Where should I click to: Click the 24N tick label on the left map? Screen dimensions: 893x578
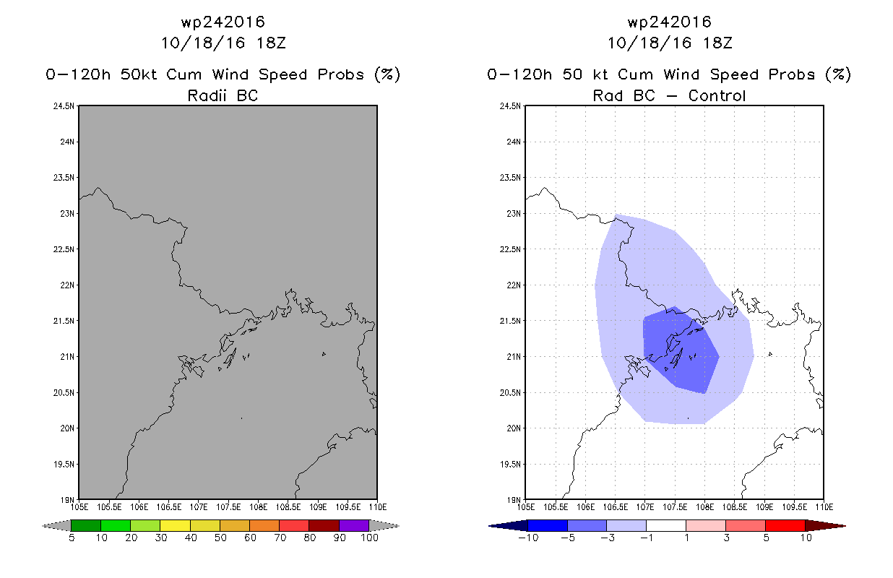click(67, 142)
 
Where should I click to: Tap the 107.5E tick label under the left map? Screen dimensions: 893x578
click(228, 507)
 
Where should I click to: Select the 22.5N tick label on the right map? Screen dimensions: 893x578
click(510, 249)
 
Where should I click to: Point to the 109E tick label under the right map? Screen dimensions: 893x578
click(764, 507)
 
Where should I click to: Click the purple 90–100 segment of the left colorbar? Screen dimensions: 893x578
click(354, 525)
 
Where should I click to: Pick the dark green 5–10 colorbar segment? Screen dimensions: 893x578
click(86, 525)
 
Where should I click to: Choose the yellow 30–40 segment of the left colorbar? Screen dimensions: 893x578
click(175, 525)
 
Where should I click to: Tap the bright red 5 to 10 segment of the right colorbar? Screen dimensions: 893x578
click(785, 525)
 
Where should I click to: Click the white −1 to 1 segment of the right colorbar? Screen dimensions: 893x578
click(666, 525)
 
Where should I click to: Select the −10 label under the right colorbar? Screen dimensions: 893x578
click(528, 538)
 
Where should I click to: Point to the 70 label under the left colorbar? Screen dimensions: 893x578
click(280, 538)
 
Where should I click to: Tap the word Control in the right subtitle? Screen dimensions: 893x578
click(717, 95)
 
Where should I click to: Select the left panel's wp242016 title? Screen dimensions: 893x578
click(223, 22)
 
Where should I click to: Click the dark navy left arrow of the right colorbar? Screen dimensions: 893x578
click(508, 526)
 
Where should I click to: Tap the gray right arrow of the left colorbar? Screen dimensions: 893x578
click(384, 526)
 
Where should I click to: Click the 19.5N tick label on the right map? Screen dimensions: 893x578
click(510, 465)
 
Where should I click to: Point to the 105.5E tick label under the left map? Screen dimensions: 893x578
click(109, 507)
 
